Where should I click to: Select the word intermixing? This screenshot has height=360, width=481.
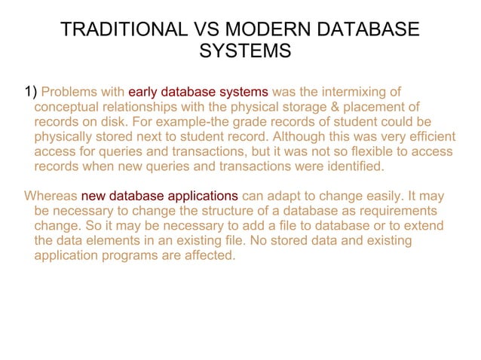tap(361, 93)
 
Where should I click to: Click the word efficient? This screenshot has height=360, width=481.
tap(430, 137)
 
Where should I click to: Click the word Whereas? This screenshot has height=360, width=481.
tap(51, 195)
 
